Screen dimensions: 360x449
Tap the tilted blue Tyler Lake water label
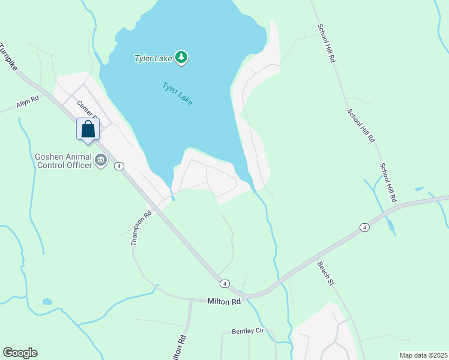pos(177,94)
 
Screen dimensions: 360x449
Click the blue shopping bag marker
pos(88,130)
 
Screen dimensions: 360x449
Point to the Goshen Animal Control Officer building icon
pos(100,161)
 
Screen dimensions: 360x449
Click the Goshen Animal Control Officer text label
pos(62,161)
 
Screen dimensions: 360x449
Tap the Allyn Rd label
pos(28,103)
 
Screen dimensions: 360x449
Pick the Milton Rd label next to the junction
pos(224,301)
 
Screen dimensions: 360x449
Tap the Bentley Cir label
pos(248,332)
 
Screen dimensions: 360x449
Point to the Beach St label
pos(325,272)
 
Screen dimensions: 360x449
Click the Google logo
pos(20,353)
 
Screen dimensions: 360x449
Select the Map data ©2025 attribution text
pos(423,355)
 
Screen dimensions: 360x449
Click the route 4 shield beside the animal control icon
pos(119,166)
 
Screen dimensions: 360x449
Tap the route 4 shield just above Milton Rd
pos(224,283)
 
